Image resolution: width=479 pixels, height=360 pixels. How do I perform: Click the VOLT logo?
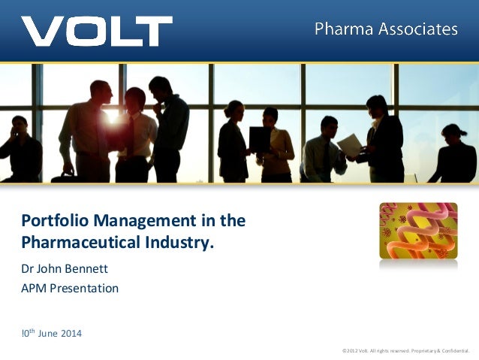coord(96,31)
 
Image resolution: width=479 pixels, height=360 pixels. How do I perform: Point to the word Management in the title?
coord(137,221)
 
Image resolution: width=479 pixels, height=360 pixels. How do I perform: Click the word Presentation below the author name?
coord(86,287)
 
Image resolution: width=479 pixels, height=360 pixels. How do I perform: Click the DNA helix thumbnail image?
coord(418,231)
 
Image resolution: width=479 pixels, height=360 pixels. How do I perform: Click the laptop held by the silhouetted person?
coord(261,140)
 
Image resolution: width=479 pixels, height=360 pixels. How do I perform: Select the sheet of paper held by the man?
coord(349,144)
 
